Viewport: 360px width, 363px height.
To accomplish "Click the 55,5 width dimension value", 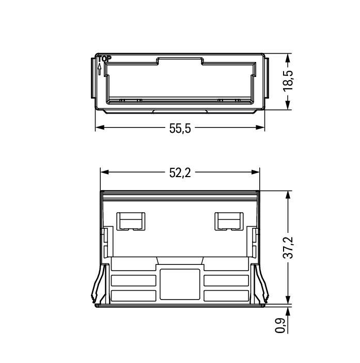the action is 180,128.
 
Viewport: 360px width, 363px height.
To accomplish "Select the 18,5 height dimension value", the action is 288,81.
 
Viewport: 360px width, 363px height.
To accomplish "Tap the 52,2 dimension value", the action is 180,172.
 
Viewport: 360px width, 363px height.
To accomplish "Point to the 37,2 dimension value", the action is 288,247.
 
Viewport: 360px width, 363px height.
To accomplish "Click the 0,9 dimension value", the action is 280,325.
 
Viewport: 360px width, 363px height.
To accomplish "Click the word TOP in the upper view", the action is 104,59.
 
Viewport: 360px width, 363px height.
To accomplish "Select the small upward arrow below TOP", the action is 99,69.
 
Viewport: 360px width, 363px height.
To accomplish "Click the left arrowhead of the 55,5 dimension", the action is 100,128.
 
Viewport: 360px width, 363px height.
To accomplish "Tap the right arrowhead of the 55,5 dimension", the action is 260,128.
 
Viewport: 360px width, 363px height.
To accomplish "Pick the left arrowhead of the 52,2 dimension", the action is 105,172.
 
